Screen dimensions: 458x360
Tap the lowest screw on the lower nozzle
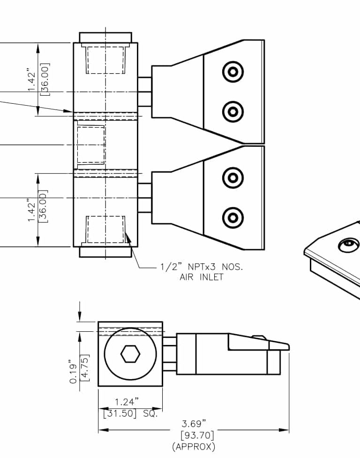pos(233,217)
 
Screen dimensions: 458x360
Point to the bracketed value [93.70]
pos(194,435)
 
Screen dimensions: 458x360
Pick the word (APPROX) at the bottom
pos(194,446)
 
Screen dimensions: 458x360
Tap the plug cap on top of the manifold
pos(105,38)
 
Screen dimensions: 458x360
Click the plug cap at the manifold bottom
pos(105,252)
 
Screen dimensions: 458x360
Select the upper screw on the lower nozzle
pos(233,177)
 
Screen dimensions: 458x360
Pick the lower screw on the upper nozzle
pos(233,111)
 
